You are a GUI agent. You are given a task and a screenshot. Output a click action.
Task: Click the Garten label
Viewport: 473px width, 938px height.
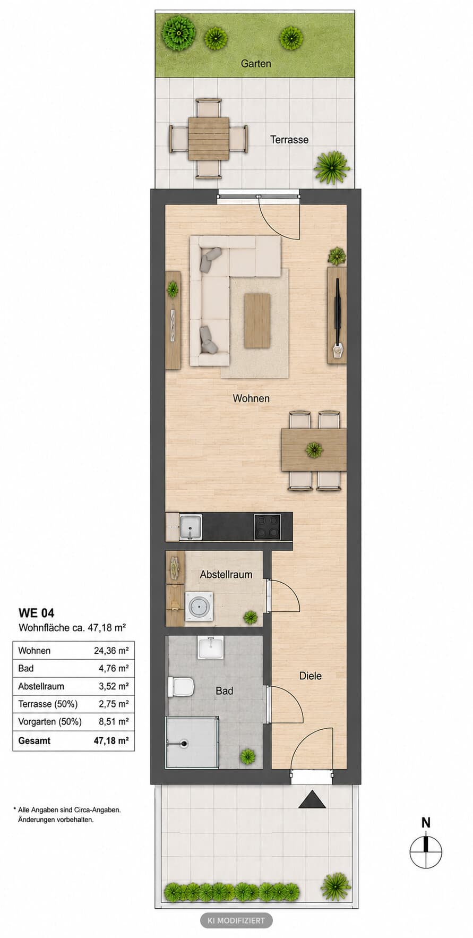point(256,64)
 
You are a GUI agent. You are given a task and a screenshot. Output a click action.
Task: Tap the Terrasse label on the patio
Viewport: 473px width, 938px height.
point(289,140)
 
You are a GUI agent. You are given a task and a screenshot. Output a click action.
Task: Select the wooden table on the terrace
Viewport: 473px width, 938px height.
point(209,138)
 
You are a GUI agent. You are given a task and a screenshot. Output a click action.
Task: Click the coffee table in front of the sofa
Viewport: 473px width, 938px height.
point(257,321)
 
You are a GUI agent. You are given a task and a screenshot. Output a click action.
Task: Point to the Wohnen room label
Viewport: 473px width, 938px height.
point(251,398)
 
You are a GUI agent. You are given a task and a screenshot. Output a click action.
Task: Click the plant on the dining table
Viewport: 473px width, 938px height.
point(314,450)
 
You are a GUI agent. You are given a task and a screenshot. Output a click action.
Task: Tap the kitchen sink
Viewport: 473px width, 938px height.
point(191,527)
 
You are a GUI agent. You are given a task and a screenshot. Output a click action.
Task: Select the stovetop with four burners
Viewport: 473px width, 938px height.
point(267,527)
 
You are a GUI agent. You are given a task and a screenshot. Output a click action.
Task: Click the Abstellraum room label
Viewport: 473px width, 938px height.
point(226,575)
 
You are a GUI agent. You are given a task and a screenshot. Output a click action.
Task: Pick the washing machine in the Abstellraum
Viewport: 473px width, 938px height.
point(199,607)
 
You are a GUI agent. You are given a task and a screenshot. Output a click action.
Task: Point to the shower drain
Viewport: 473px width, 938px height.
point(184,744)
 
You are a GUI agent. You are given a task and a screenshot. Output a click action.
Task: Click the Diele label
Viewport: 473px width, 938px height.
point(311,676)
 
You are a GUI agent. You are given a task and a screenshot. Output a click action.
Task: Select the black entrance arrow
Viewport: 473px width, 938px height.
point(312,799)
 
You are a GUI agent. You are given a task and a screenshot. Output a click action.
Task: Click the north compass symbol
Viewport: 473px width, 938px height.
point(426,852)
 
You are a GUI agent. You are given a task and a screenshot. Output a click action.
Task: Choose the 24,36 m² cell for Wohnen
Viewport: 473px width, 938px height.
point(111,651)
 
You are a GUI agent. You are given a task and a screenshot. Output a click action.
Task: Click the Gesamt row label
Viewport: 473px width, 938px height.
point(35,740)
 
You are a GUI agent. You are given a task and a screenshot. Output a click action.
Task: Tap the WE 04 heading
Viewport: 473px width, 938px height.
point(36,613)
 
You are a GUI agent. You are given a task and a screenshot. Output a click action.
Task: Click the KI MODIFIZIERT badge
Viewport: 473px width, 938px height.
point(236,920)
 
